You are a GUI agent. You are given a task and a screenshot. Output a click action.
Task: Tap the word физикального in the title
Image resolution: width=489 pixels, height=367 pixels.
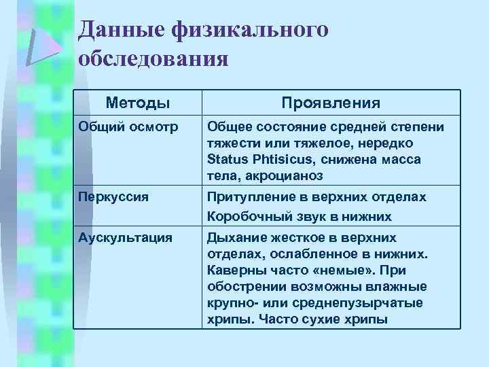click(253, 31)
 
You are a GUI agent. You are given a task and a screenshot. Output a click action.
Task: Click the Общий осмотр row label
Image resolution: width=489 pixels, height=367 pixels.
click(120, 127)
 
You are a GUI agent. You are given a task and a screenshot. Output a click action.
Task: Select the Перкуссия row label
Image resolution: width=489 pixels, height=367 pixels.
click(110, 197)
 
